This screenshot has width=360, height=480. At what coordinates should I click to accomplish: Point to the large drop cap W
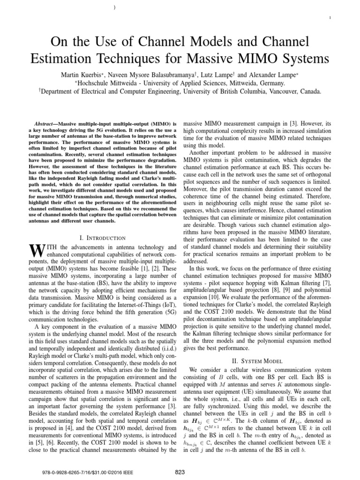pyautogui.click(x=37, y=253)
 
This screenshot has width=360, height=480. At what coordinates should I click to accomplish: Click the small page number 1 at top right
pyautogui.click(x=331, y=18)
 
